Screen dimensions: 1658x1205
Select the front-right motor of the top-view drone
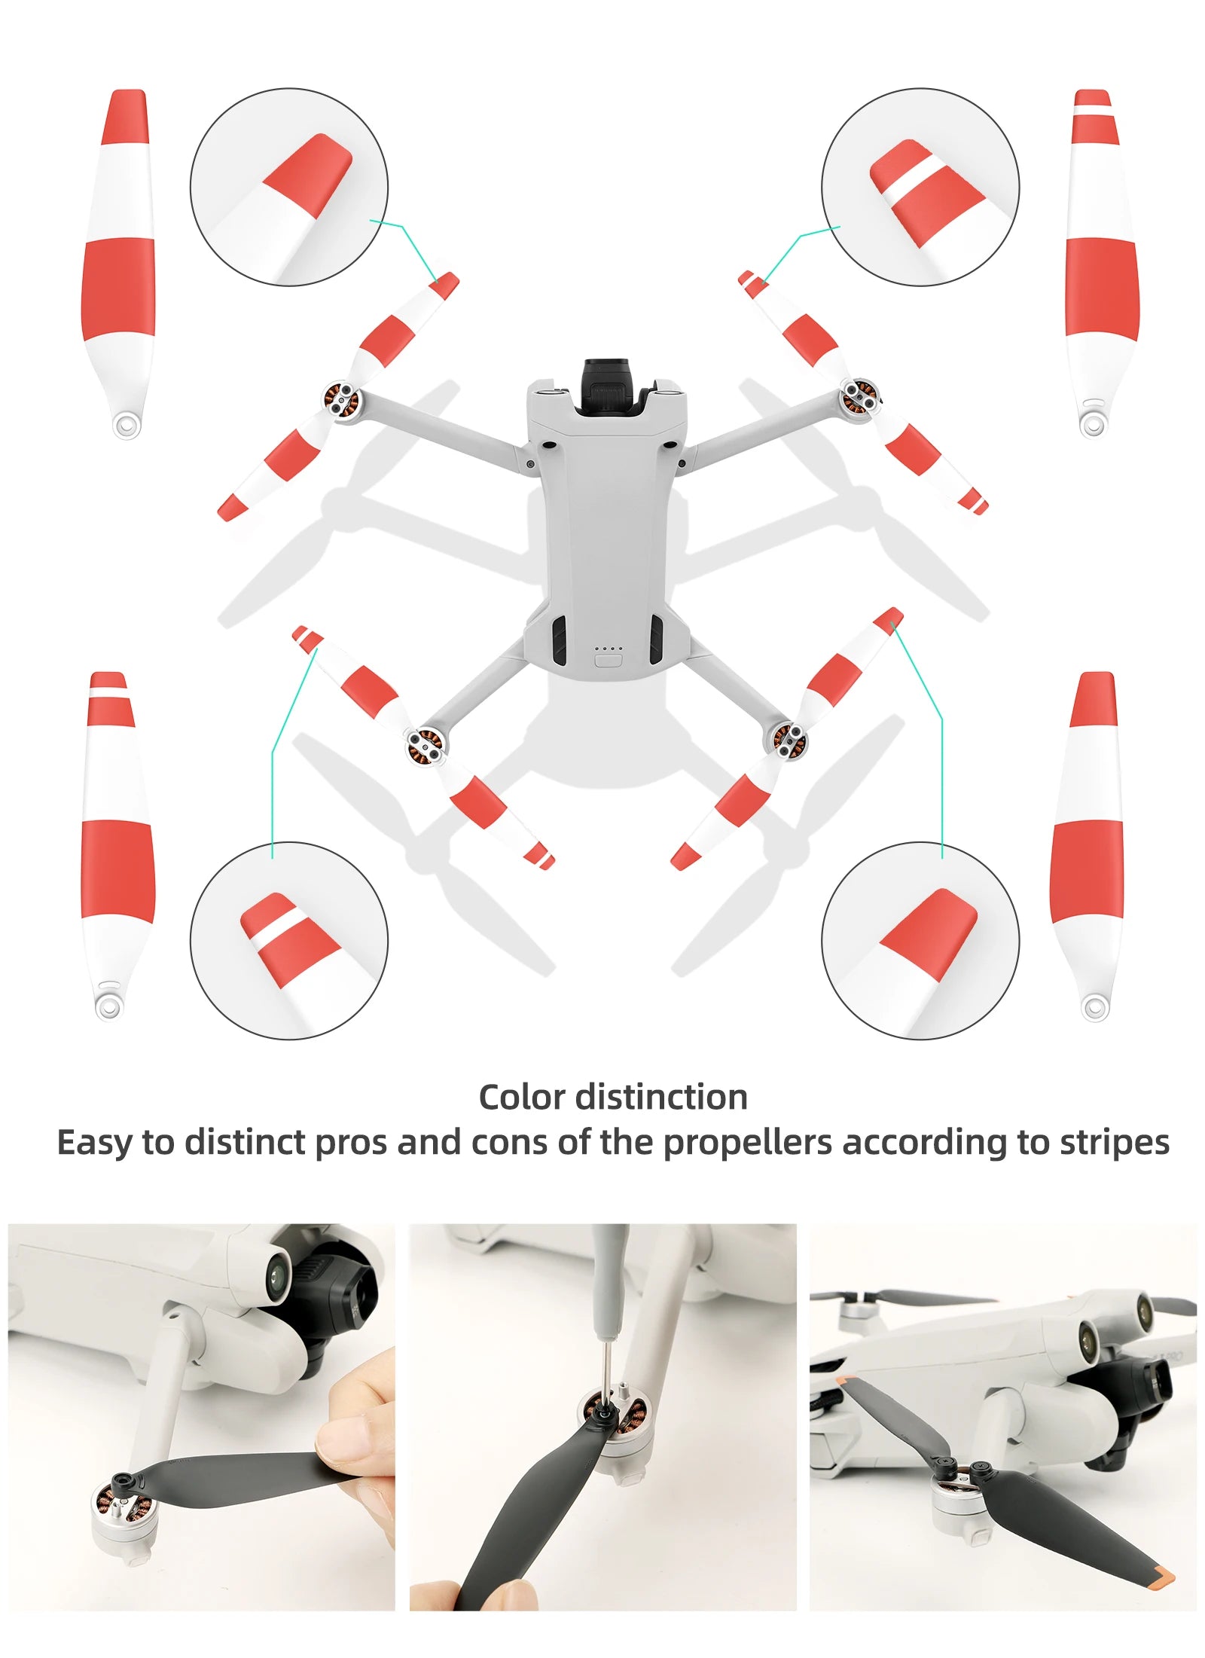click(859, 395)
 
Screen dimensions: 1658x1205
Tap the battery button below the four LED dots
click(607, 661)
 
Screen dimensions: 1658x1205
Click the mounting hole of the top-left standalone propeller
click(127, 423)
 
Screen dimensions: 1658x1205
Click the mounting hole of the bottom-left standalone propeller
click(108, 1005)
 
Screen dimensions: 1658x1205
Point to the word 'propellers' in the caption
click(746, 1142)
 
